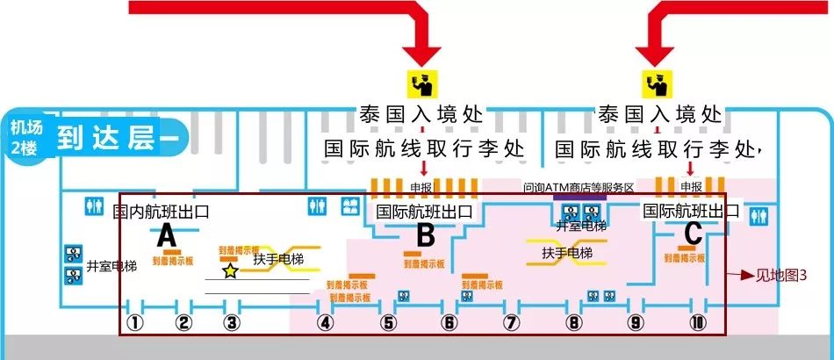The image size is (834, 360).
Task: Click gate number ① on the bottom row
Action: pos(134,322)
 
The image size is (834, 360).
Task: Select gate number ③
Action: pos(232,322)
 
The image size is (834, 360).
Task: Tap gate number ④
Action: pos(326,322)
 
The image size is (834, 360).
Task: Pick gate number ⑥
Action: pos(449,322)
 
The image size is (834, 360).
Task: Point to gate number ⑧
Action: pos(574,322)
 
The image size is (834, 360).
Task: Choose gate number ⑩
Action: pos(698,322)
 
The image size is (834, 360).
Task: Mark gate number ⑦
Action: pos(512,322)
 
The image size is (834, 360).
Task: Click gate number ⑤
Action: pos(388,322)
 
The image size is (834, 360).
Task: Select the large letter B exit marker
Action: pos(425,235)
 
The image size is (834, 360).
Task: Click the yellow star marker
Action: pos(230,271)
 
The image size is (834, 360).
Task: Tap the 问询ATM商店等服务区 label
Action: pos(579,186)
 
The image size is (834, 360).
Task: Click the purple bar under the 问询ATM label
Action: pos(579,197)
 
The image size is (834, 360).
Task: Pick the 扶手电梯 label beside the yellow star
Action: pos(278,260)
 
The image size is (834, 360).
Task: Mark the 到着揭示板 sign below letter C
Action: pos(686,258)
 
